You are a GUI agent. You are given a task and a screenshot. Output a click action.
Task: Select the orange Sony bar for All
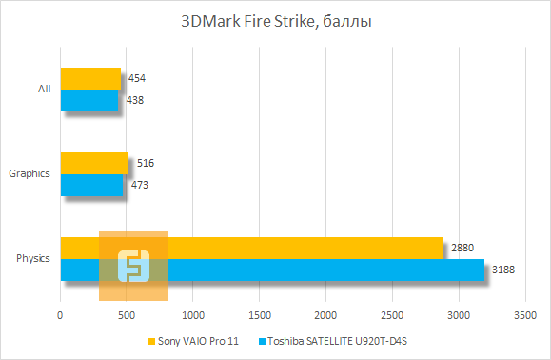point(90,78)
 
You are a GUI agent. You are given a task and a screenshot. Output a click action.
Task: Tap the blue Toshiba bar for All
point(89,99)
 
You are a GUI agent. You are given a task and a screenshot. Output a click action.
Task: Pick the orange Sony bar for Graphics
point(94,163)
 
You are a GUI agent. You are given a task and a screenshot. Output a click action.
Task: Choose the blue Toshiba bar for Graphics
point(91,184)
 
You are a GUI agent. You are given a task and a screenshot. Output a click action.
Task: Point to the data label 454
point(136,78)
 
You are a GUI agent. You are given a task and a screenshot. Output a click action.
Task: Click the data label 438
point(134,99)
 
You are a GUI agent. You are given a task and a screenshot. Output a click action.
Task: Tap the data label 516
point(145,163)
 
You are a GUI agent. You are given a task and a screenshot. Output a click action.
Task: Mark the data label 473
point(139,184)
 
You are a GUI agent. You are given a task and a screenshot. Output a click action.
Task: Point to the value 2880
point(462,248)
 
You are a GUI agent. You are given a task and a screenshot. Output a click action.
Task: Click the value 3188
point(503,270)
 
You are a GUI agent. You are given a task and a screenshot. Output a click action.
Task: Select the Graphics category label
point(30,173)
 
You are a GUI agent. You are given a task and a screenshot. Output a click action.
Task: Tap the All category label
point(44,89)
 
